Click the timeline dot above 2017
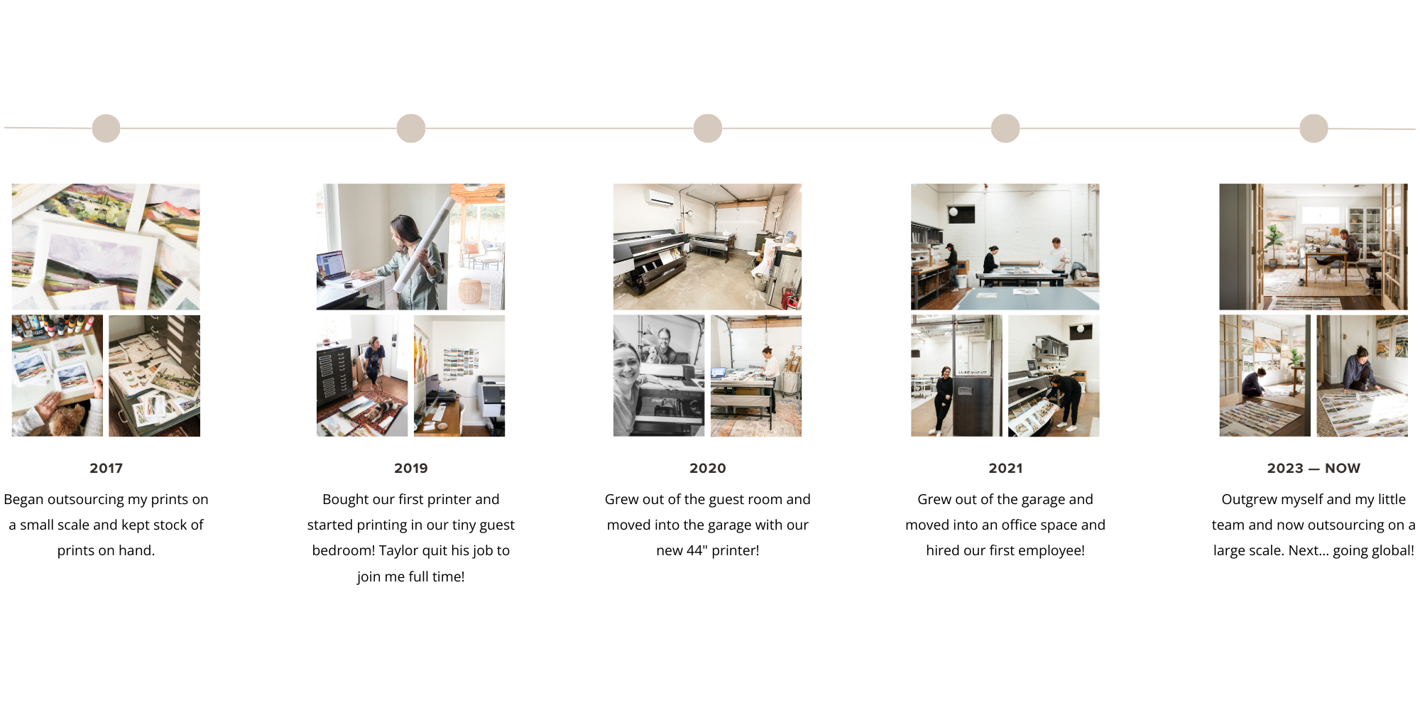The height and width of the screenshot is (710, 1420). tap(106, 129)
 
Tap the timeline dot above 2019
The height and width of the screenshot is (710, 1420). tap(411, 129)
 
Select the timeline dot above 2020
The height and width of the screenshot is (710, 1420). tap(708, 129)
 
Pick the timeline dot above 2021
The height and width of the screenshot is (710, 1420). tap(1005, 129)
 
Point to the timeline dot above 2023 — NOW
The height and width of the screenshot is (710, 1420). tap(1313, 129)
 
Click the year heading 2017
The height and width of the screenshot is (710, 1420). tap(106, 469)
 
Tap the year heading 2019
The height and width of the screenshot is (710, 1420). tap(411, 469)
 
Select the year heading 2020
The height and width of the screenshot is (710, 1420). tap(708, 469)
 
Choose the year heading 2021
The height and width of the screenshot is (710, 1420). tap(1005, 469)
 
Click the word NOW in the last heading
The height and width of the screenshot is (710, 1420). tap(1343, 469)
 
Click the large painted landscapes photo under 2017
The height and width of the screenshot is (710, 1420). tap(106, 246)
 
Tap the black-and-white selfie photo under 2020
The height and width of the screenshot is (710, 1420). tap(659, 376)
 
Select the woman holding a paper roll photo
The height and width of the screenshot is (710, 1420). tap(410, 246)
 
